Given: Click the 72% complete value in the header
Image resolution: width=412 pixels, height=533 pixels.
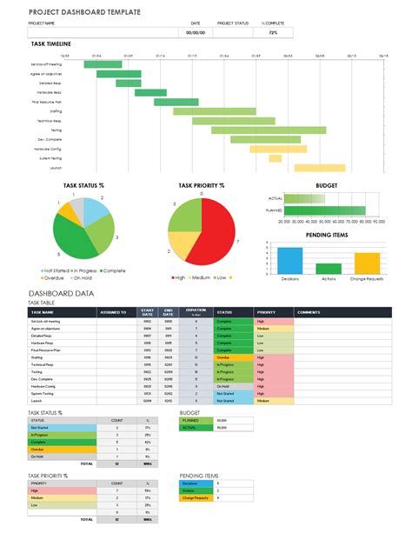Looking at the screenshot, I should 273,32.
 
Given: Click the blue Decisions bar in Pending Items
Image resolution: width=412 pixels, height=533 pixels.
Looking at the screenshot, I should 290,260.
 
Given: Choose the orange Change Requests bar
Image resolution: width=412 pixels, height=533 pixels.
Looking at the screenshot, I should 367,263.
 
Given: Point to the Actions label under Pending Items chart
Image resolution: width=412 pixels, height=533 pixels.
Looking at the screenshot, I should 329,278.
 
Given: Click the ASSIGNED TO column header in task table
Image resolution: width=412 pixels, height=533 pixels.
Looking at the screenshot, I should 113,311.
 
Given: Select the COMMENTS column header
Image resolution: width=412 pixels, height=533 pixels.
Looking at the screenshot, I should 309,311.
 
